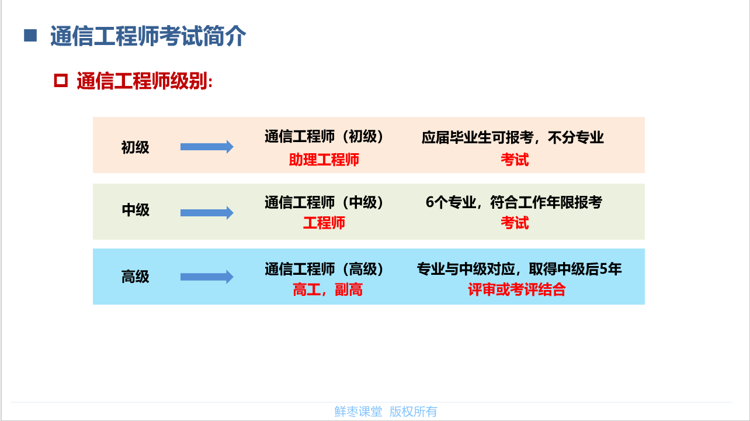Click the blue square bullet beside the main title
[x=30, y=36]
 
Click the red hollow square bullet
[x=61, y=81]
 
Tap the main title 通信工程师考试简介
[x=148, y=36]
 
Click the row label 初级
[x=136, y=147]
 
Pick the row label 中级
[x=136, y=210]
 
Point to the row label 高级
[x=136, y=277]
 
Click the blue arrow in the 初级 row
[x=207, y=147]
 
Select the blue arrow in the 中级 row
[x=207, y=213]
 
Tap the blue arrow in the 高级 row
[x=207, y=277]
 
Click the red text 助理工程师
[x=324, y=160]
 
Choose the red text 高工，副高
[x=328, y=289]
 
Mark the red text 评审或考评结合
[x=516, y=289]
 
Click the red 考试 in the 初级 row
[x=515, y=160]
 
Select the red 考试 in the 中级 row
[x=515, y=223]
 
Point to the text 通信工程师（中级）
[x=324, y=202]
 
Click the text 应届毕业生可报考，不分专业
[x=513, y=137]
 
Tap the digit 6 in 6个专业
[x=430, y=202]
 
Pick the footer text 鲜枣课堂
[x=358, y=412]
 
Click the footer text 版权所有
[x=414, y=412]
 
